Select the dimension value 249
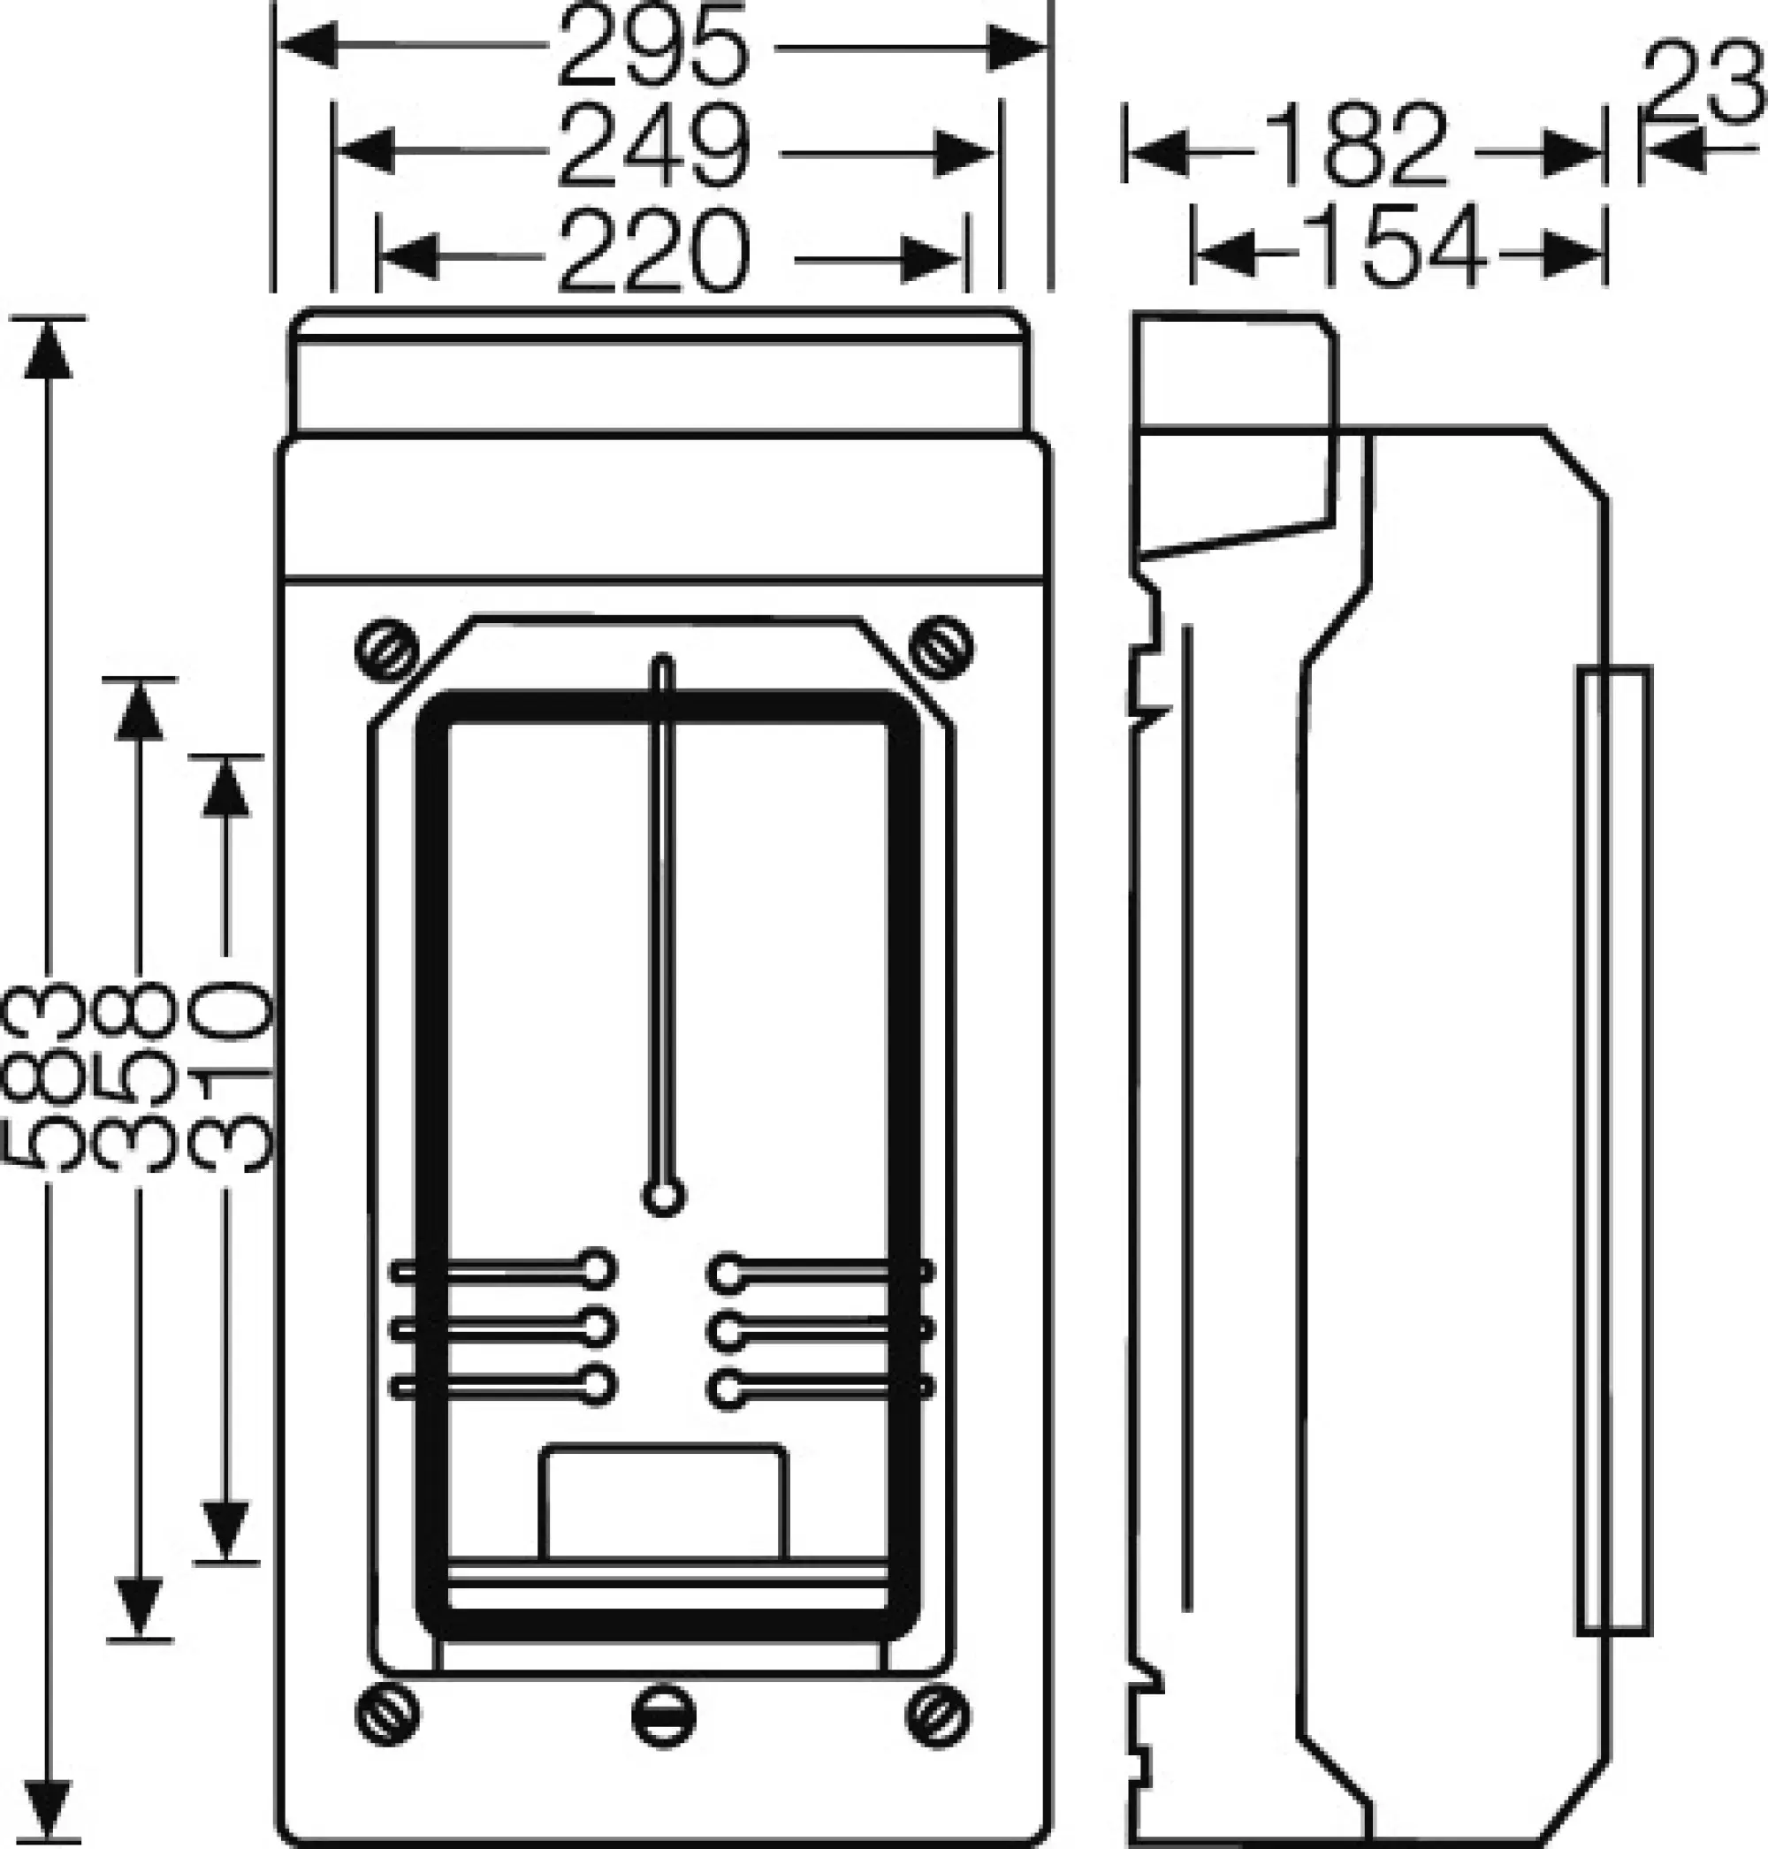654,148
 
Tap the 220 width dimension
654,253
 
